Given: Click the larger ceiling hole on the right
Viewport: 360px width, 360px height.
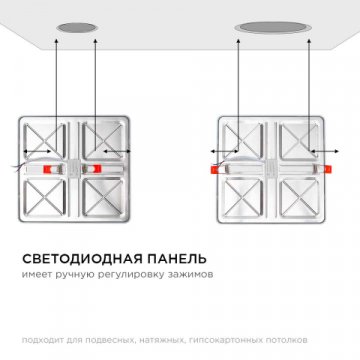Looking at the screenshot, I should click(258, 25).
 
